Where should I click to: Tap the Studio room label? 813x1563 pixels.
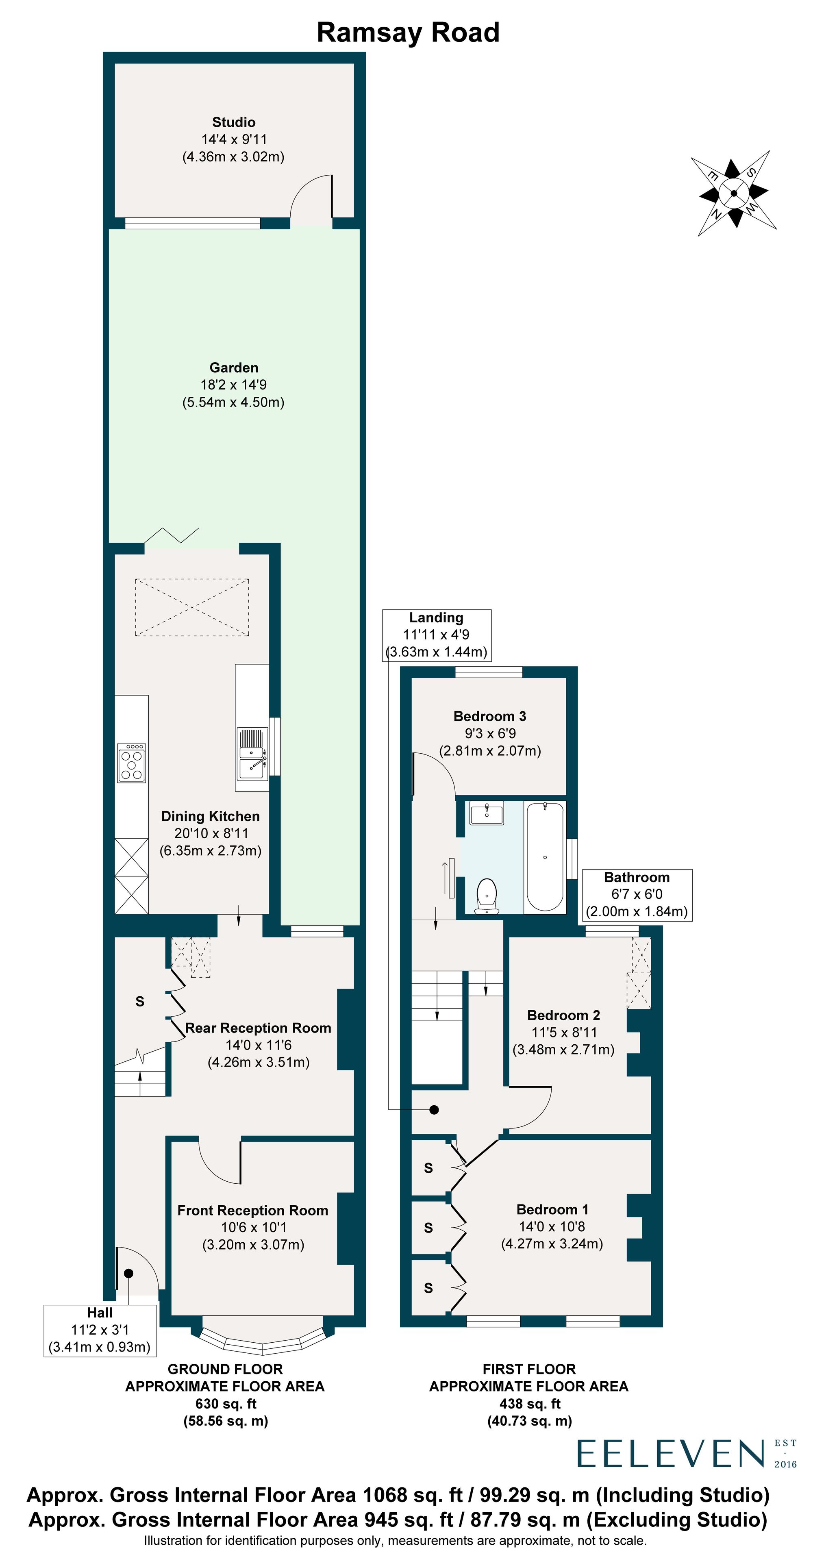(x=234, y=122)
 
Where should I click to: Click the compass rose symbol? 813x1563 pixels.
(x=733, y=193)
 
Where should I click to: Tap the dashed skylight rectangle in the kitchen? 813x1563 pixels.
(x=192, y=607)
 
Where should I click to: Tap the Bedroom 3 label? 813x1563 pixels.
(x=489, y=716)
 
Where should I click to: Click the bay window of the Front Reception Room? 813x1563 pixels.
(x=263, y=1342)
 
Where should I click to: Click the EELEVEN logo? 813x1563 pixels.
(x=670, y=1454)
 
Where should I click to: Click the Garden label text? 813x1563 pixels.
(x=234, y=368)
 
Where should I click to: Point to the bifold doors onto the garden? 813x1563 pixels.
(x=172, y=536)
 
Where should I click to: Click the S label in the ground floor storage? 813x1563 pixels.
(x=140, y=1002)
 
